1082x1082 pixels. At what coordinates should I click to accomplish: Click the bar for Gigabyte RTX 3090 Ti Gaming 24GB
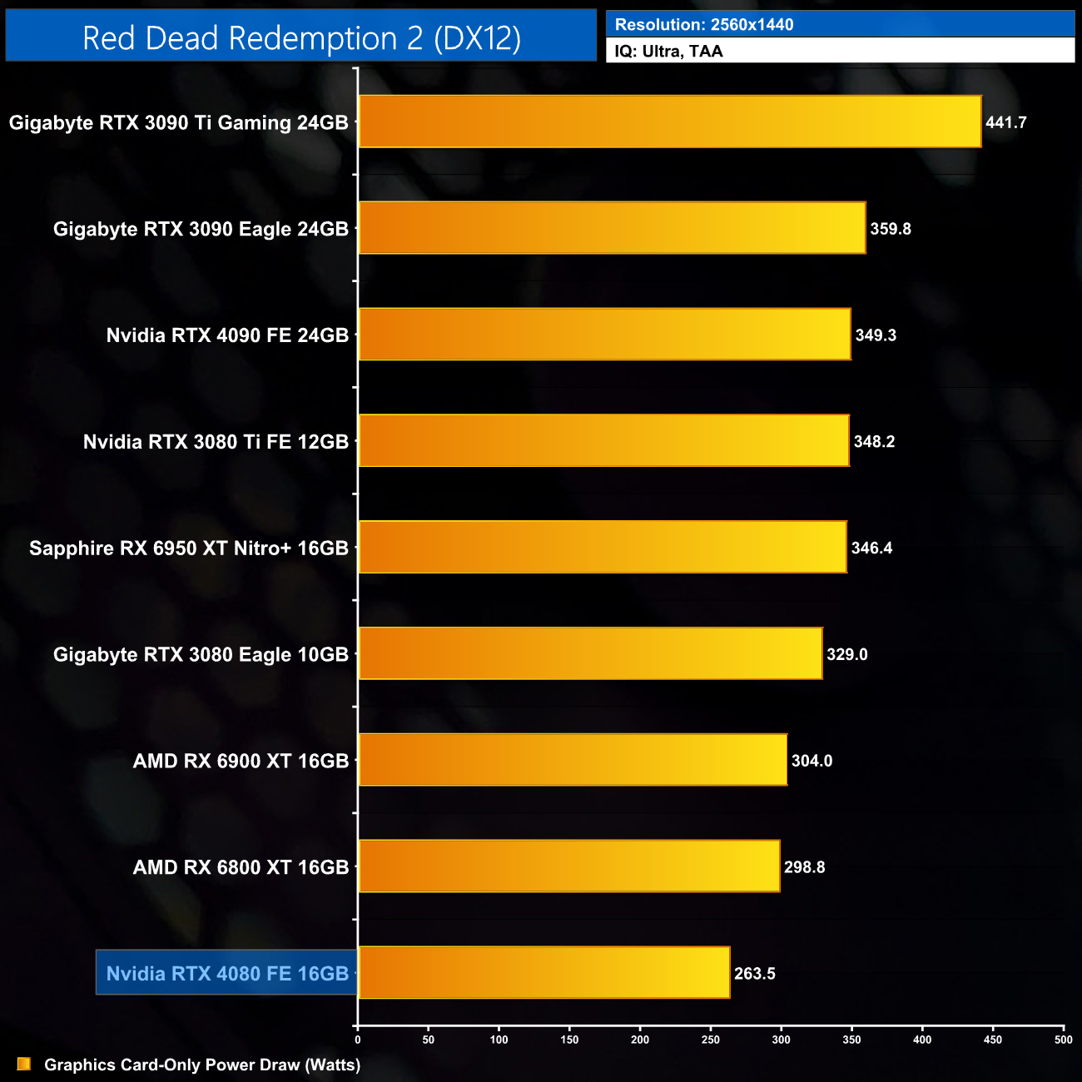(x=669, y=122)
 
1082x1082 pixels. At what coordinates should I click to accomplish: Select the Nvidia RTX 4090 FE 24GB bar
(x=604, y=335)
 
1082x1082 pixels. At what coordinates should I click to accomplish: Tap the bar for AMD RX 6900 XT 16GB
(x=573, y=760)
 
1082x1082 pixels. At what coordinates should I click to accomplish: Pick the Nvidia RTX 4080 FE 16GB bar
(x=543, y=972)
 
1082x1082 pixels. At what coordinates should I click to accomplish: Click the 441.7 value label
(x=1005, y=122)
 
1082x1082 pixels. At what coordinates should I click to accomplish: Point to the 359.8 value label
(x=890, y=229)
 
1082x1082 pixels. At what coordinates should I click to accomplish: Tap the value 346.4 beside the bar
(x=871, y=548)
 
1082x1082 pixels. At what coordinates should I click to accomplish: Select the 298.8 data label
(x=804, y=867)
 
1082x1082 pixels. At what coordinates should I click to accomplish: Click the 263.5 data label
(x=754, y=974)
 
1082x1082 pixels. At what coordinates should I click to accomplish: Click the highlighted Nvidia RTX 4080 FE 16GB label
(x=227, y=973)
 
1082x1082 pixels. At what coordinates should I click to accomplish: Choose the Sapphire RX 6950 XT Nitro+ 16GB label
(x=189, y=548)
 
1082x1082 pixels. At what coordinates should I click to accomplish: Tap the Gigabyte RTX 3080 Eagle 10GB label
(x=201, y=654)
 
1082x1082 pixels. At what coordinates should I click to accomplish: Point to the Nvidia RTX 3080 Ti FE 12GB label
(x=216, y=441)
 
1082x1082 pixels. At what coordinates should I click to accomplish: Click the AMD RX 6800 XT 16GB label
(x=241, y=867)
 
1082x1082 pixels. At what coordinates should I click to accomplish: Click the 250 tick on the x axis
(x=711, y=1040)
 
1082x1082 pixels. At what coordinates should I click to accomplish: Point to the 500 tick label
(x=1063, y=1040)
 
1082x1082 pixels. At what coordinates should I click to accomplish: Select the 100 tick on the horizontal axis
(x=499, y=1040)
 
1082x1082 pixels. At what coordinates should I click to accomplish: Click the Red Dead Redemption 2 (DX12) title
(x=301, y=38)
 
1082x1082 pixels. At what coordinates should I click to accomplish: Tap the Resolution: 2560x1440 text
(x=704, y=24)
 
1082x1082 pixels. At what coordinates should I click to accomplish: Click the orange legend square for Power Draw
(x=24, y=1064)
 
